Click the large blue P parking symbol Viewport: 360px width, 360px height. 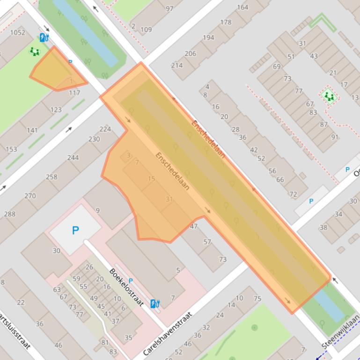(75, 230)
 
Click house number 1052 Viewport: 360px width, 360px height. (18, 32)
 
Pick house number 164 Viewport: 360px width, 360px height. (242, 7)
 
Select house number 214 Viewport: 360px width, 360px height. (177, 65)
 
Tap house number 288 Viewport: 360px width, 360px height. (9, 214)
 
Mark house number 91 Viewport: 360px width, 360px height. (335, 137)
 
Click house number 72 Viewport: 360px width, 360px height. (294, 194)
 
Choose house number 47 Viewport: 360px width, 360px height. (194, 226)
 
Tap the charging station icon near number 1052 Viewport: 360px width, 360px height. (44, 37)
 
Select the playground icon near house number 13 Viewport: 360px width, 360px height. (330, 97)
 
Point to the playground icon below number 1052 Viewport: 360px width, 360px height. (34, 51)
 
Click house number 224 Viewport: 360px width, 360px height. (105, 129)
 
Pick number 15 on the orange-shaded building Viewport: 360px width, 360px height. (151, 179)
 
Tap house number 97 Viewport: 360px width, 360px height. (169, 8)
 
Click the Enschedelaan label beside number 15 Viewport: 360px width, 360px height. (173, 171)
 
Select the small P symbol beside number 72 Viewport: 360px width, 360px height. (311, 201)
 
